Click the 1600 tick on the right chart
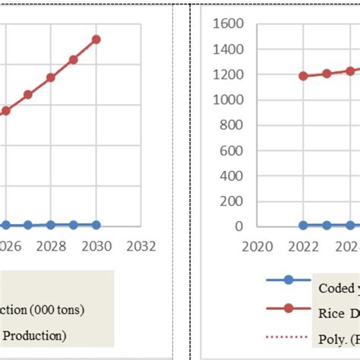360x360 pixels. pos(229,24)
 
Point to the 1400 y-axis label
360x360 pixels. pos(229,49)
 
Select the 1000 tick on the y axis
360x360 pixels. pos(229,99)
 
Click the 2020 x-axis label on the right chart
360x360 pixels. pos(257,246)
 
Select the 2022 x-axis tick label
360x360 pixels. pos(304,246)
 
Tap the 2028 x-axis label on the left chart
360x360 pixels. pos(51,246)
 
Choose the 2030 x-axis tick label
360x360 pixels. pos(96,246)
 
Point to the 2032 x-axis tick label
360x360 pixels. pos(141,246)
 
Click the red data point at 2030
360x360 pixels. pos(96,39)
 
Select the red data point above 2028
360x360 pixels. pos(51,77)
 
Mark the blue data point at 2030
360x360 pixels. pos(96,225)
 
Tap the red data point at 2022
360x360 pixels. pos(304,76)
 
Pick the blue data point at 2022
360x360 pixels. pos(304,226)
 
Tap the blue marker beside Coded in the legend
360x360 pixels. pos(288,280)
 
